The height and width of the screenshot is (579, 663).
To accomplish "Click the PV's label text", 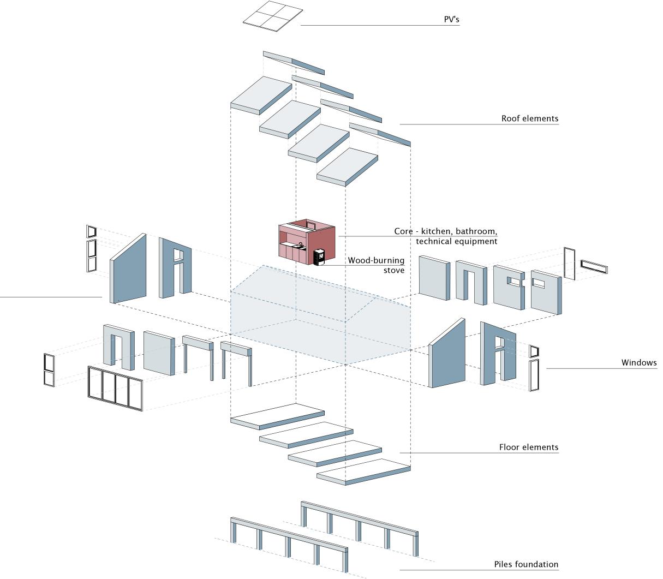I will coord(451,20).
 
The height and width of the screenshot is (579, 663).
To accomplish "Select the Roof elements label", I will coord(529,118).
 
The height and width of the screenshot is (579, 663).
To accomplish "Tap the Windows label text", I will coord(639,363).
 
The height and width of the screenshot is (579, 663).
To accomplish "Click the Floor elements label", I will coord(529,447).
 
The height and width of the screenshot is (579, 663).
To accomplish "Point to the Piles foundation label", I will coord(526,564).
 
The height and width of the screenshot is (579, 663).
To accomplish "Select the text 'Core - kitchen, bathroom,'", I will coord(446,231).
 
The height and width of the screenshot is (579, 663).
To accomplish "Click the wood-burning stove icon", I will coord(320,256).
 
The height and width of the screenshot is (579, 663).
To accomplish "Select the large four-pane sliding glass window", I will coord(115,388).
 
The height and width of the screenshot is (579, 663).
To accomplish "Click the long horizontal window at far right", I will coord(594,266).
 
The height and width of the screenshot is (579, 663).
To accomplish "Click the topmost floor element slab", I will coord(277,416).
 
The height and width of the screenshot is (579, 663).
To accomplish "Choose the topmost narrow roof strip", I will coord(294,62).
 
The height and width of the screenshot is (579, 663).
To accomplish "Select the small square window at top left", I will coord(91,231).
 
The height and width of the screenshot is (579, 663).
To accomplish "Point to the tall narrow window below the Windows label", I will coord(533,375).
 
